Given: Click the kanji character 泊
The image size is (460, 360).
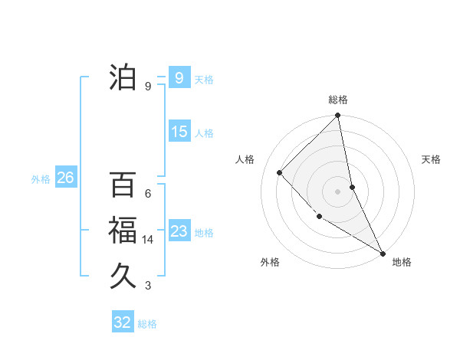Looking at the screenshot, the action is click(123, 77).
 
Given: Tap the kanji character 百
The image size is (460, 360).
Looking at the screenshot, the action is click(123, 185).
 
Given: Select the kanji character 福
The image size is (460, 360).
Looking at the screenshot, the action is click(123, 231).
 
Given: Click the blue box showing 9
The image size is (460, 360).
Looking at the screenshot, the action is click(179, 77).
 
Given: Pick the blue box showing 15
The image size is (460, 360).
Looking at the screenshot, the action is click(179, 132).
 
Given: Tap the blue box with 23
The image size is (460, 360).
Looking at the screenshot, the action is click(179, 231).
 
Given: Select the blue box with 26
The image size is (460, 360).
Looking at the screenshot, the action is click(65, 178).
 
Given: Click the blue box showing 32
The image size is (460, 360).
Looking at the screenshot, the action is click(123, 322).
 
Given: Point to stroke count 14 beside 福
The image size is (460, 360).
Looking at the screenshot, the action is click(148, 240).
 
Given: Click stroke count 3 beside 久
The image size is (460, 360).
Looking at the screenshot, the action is click(148, 286).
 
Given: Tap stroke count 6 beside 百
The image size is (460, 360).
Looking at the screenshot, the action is click(148, 194).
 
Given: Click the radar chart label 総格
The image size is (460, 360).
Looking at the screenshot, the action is click(338, 100).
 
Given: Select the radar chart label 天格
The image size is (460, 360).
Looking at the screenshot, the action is click(432, 159).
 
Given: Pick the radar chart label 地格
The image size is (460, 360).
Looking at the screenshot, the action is click(402, 262).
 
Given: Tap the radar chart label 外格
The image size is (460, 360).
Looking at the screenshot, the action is click(270, 262).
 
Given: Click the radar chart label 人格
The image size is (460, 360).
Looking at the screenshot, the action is click(245, 159).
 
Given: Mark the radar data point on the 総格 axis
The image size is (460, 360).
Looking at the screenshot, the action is click(338, 116).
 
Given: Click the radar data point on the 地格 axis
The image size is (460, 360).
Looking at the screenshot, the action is click(383, 253).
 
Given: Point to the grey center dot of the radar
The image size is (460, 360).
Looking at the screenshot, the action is click(338, 191).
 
